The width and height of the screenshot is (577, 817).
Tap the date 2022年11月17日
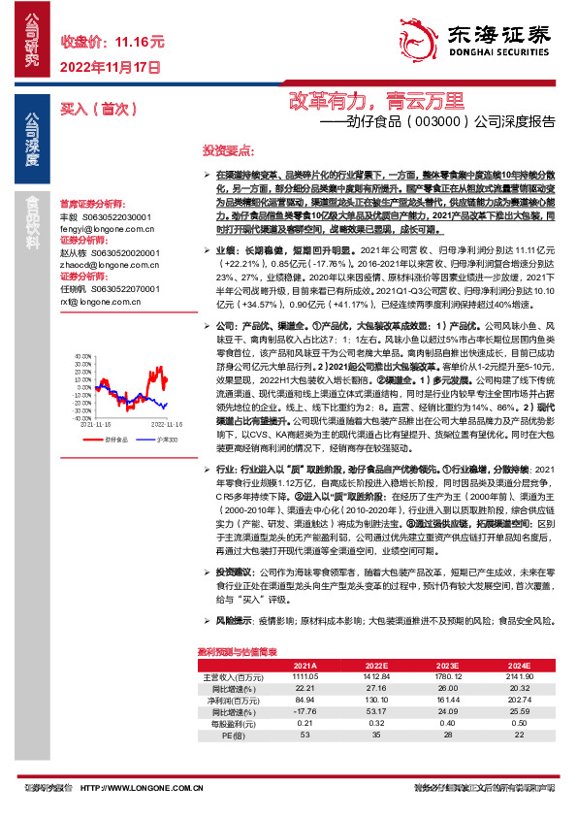pyautogui.click(x=110, y=67)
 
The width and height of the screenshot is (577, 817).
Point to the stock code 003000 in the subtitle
pyautogui.click(x=440, y=123)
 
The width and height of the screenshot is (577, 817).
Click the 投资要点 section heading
pyautogui.click(x=228, y=151)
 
